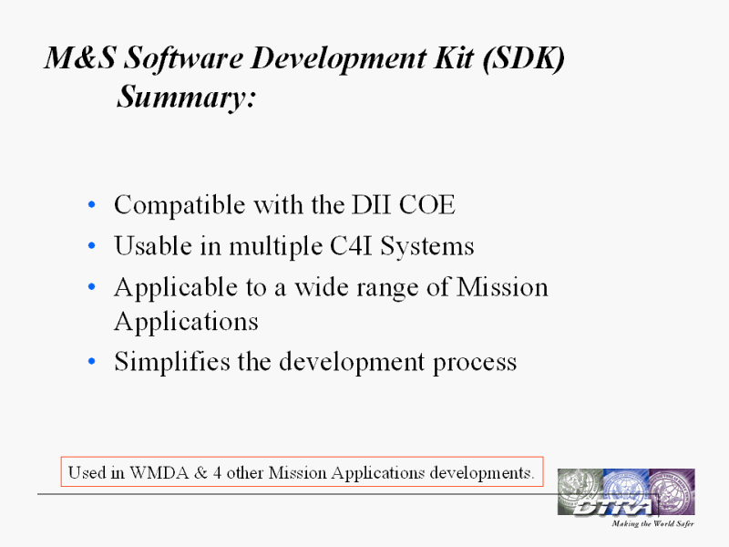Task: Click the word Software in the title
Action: coord(184,59)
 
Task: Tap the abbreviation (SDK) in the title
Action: coord(523,58)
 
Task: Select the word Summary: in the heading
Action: coord(186,98)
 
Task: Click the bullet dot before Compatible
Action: coord(92,204)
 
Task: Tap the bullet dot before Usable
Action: coord(92,245)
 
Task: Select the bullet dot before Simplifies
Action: coord(92,361)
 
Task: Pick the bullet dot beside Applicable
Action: coord(92,286)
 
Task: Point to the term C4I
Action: coord(352,245)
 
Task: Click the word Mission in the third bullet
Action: coord(502,287)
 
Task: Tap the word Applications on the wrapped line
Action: coord(186,322)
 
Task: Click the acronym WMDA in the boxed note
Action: coord(159,472)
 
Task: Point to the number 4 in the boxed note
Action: coord(217,472)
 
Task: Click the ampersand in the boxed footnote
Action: coord(200,472)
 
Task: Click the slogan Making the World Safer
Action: coord(652,523)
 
